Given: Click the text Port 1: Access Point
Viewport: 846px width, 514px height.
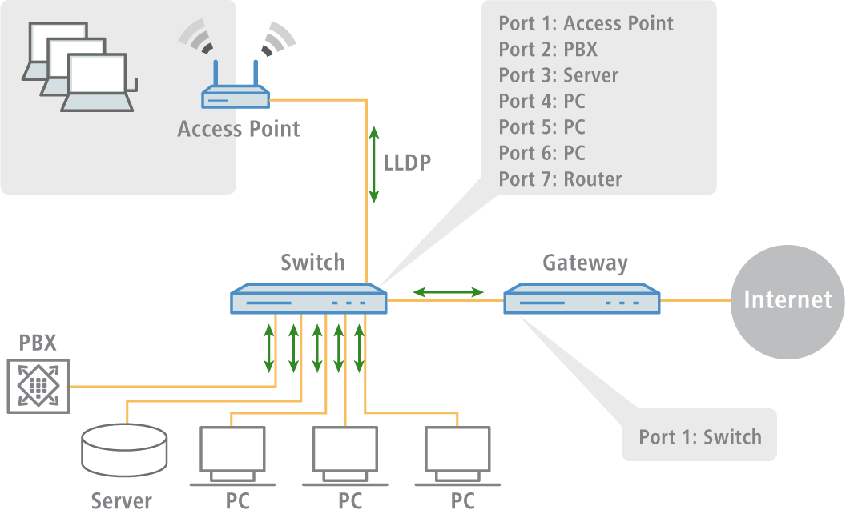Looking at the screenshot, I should (586, 23).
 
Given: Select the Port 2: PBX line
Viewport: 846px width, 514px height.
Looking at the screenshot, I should (548, 50).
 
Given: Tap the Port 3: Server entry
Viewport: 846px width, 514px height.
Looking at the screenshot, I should (558, 75).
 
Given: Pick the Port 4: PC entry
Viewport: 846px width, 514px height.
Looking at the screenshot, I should (542, 101).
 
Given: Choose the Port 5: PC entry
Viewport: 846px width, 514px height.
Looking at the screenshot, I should (542, 126).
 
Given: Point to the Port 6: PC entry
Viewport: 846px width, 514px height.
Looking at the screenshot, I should (542, 152).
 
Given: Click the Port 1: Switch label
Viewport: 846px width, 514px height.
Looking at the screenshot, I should (699, 436).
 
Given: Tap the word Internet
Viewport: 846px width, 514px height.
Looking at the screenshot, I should (788, 299).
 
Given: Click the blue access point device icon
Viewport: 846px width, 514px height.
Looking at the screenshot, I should (235, 98).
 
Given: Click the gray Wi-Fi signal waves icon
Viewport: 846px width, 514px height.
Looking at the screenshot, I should (197, 38).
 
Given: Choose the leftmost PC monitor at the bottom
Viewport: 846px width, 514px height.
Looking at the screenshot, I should (232, 448).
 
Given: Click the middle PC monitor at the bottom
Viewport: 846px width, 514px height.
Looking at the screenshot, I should (344, 448).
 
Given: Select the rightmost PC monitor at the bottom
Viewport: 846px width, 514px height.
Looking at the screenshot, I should (457, 448).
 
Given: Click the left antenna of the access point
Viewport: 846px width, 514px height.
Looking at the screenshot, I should (214, 74).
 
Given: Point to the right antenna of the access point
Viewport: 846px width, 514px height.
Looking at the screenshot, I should (256, 74).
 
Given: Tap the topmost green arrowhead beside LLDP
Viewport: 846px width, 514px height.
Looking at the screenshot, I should (373, 132).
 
